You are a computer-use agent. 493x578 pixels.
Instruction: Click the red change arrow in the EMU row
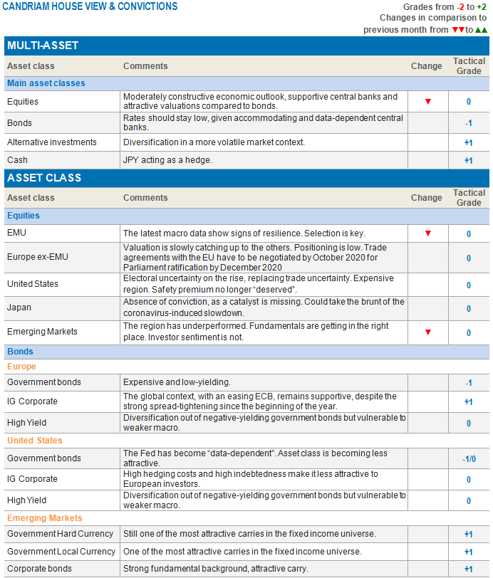(x=428, y=233)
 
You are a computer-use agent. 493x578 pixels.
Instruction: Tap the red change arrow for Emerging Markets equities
(x=428, y=332)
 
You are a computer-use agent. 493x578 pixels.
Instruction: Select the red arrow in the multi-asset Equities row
(x=428, y=102)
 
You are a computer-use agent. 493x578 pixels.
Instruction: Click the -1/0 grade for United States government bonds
(x=468, y=459)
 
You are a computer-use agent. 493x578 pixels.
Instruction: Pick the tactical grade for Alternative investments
(x=468, y=142)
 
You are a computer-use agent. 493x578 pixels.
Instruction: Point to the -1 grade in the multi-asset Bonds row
(x=468, y=123)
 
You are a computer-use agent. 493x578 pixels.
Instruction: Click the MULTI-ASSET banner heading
(x=43, y=46)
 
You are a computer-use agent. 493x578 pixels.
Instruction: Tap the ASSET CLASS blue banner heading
(x=44, y=178)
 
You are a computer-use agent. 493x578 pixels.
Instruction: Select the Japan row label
(x=21, y=308)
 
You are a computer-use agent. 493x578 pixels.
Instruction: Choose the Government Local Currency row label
(x=61, y=552)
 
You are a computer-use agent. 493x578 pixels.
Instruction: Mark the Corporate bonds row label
(x=40, y=569)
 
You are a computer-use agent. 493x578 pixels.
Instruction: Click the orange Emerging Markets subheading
(x=44, y=518)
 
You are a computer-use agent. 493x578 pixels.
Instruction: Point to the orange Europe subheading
(x=21, y=367)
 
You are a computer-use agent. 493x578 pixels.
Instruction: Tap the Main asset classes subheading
(x=46, y=83)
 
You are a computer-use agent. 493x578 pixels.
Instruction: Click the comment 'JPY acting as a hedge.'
(x=167, y=160)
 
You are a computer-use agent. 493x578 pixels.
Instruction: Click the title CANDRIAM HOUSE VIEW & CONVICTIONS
(x=89, y=6)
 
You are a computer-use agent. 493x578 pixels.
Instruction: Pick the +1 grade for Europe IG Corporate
(x=468, y=402)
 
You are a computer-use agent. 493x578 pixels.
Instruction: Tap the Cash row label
(x=17, y=160)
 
